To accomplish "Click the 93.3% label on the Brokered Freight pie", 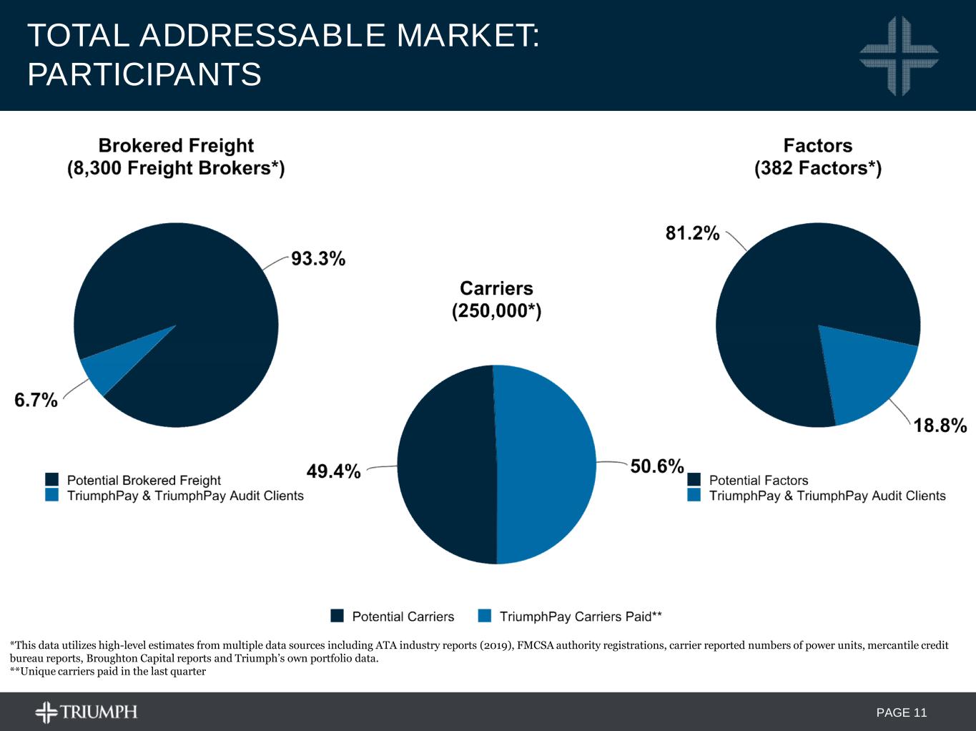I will click(318, 258).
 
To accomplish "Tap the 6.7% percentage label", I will click(36, 400).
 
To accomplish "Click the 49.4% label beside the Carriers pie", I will click(333, 471).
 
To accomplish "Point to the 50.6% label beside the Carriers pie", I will click(657, 466).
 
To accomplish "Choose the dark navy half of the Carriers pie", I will click(447, 465).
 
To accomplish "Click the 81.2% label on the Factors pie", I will click(692, 233).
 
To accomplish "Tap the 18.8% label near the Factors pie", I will click(940, 426).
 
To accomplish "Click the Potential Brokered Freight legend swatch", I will click(51, 479).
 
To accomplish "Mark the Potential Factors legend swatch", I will click(694, 479).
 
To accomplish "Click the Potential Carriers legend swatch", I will click(337, 616).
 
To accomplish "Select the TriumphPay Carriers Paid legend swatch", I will click(485, 616).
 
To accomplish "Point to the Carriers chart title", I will click(496, 288).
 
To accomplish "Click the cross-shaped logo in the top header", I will click(899, 56).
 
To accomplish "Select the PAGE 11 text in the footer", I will click(901, 712).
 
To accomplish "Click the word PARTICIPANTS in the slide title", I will click(144, 74).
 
